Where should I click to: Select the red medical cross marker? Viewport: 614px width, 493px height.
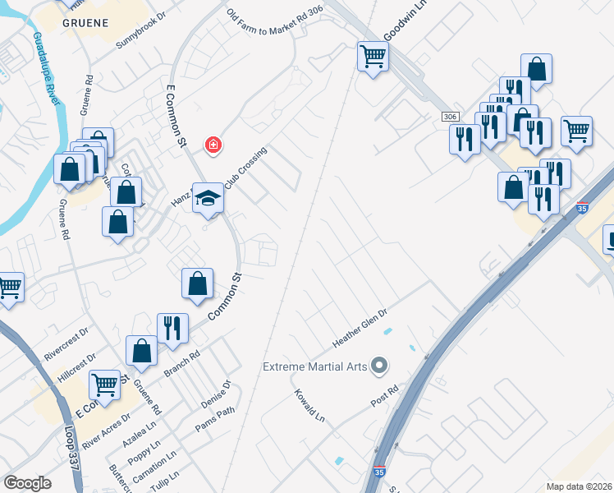(213, 145)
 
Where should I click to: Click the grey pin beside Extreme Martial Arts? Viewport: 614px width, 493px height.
(378, 364)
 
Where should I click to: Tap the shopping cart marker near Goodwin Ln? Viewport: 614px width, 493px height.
(373, 58)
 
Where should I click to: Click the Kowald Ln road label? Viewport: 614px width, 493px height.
(309, 406)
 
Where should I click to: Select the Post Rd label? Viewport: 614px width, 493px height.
(384, 395)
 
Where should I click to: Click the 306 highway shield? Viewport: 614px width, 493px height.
(449, 117)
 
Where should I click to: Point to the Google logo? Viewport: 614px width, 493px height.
(27, 482)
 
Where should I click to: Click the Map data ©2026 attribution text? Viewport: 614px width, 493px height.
(578, 486)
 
